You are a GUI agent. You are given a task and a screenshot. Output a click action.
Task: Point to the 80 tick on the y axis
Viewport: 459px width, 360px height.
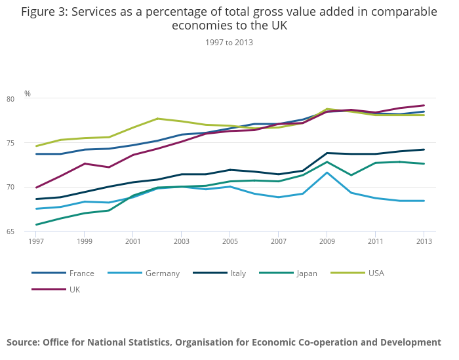coord(28,99)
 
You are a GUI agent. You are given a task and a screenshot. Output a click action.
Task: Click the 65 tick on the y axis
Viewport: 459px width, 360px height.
coord(28,231)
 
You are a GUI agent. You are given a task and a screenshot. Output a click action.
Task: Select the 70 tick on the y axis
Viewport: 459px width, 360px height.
coord(28,188)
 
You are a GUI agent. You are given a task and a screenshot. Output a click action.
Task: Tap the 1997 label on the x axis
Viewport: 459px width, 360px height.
coord(35,242)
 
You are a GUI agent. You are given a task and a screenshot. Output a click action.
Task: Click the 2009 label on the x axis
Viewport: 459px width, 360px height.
coord(327,242)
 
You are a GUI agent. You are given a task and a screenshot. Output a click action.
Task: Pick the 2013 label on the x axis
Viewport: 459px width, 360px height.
coord(424,242)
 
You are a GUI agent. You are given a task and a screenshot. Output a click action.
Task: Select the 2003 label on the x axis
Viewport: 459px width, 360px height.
coord(181,242)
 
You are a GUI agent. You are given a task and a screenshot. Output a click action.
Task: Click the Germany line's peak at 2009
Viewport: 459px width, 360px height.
coord(327,172)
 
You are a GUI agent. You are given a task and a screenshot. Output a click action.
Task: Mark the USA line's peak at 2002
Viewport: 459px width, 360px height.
coord(157,119)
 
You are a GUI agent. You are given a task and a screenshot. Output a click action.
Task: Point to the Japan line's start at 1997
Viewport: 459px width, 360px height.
coord(36,225)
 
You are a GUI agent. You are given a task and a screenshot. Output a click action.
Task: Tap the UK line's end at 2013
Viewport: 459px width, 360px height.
coord(424,106)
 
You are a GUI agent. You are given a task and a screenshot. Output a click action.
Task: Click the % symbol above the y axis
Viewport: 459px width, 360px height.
coord(28,94)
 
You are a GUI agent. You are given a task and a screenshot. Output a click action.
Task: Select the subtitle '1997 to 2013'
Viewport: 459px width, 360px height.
coord(229,43)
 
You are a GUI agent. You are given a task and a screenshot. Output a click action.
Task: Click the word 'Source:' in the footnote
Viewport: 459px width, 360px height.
coord(23,342)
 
